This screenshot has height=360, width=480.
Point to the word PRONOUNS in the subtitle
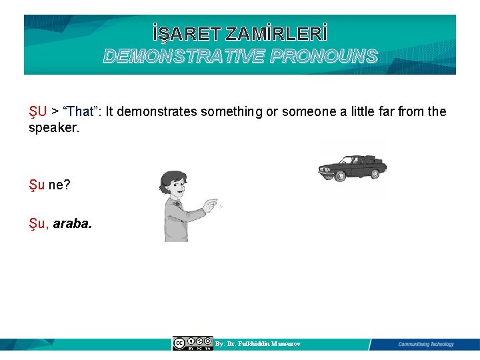[x=325, y=56]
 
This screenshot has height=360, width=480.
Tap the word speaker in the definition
[x=53, y=127]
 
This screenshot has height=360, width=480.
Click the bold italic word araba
[x=73, y=223]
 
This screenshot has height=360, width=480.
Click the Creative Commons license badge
[x=193, y=343]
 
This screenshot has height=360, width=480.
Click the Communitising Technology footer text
[x=425, y=344]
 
